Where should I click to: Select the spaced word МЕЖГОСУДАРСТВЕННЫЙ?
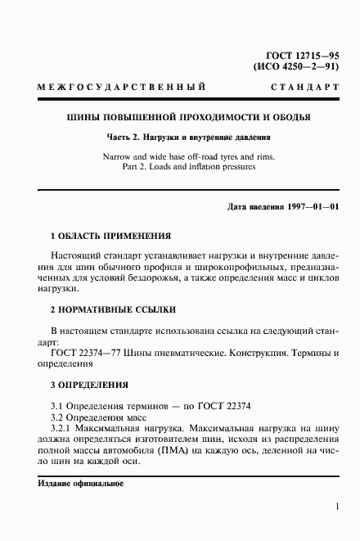pos(121,87)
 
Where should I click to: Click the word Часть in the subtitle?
pos(122,138)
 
